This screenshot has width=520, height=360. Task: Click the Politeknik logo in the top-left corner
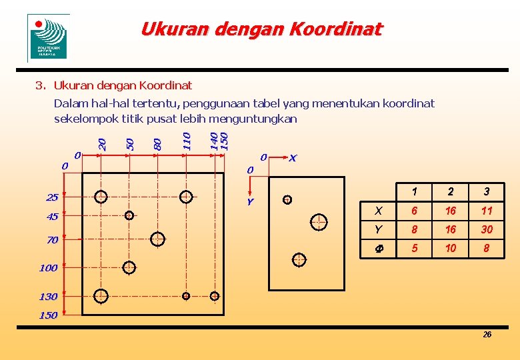point(48,38)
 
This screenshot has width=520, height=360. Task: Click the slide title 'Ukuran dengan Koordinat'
point(261,29)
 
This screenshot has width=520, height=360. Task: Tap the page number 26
point(487,334)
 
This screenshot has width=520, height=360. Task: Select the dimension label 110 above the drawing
point(187,141)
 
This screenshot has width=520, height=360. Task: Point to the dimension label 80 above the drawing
point(158,143)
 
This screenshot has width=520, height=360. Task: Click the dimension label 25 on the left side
point(52,197)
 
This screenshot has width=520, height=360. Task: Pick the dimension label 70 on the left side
point(52,239)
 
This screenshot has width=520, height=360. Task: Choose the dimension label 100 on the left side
point(48,268)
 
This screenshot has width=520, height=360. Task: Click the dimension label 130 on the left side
point(48,296)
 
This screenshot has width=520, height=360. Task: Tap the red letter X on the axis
point(293,158)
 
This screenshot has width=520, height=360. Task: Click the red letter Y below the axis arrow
point(250,201)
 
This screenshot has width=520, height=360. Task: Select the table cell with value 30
point(487,229)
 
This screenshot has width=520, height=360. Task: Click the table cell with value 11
point(487,211)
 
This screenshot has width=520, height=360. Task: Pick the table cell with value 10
point(451,248)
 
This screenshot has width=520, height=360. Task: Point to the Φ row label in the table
point(378,249)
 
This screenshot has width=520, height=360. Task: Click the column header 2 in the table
point(451,192)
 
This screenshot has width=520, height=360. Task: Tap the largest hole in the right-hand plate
point(319,221)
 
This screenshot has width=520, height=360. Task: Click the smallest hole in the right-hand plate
point(287,199)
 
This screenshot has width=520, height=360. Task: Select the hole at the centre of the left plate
point(158,239)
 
